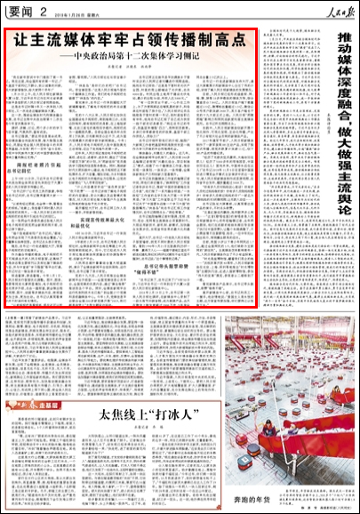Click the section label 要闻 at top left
pos(20,12)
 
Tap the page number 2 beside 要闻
pos(42,12)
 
